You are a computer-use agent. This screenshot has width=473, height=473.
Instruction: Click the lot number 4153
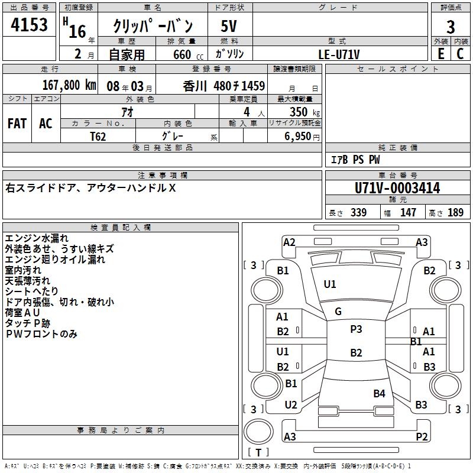tap(30, 26)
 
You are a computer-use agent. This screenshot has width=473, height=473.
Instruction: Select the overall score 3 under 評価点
tap(451, 27)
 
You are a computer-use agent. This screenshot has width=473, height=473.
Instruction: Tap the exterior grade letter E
tap(440, 53)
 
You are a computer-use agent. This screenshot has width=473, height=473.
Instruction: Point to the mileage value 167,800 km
tap(69, 85)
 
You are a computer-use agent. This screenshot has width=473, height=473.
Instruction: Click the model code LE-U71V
tap(339, 54)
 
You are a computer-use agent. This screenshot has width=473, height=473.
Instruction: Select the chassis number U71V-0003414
tap(397, 188)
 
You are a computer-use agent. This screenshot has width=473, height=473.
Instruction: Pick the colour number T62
tap(99, 136)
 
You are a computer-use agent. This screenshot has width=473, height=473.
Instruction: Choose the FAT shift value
tap(17, 123)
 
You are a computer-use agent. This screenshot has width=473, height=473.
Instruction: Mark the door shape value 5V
tap(229, 27)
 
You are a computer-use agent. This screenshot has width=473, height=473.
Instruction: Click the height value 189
tap(455, 213)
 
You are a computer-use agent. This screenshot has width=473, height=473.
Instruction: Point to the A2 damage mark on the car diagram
tap(289, 242)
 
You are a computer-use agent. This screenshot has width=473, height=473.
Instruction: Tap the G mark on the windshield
tap(338, 312)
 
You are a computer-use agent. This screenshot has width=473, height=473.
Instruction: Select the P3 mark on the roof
tap(356, 329)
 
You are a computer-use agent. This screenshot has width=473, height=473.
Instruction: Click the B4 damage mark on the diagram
tap(379, 393)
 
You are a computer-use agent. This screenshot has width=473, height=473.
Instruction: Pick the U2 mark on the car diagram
tap(291, 405)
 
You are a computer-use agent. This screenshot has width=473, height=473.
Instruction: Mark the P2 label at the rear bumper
tap(422, 437)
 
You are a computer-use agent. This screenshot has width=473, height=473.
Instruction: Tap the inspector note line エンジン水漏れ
tap(37, 238)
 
